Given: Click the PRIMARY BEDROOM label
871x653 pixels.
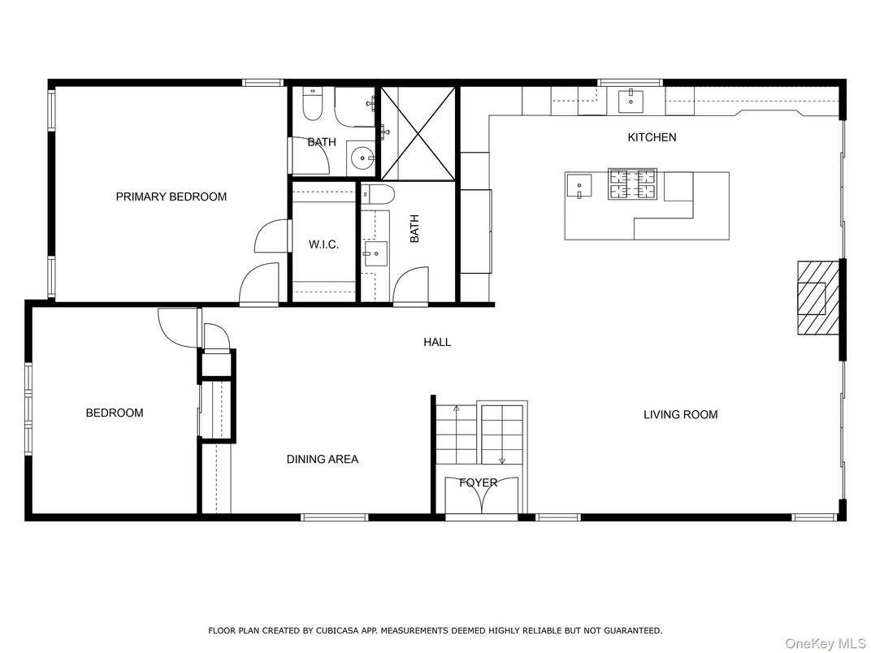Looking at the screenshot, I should (171, 197).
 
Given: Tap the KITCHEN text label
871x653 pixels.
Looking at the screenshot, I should (652, 137).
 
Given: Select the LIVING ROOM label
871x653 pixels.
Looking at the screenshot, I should (680, 415).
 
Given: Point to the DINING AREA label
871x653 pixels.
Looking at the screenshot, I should (322, 460).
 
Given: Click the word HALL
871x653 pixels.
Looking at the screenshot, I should (436, 343).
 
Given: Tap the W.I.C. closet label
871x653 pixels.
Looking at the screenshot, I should (323, 244).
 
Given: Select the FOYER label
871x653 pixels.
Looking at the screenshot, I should (478, 483).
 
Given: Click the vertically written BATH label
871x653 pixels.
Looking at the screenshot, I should (414, 228).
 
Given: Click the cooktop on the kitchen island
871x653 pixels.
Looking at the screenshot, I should (633, 184).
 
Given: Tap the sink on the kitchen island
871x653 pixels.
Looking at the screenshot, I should (580, 187).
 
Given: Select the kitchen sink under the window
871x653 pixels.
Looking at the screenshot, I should (630, 101).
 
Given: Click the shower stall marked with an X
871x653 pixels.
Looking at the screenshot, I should (418, 132).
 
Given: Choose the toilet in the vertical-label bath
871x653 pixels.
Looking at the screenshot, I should (378, 194).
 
